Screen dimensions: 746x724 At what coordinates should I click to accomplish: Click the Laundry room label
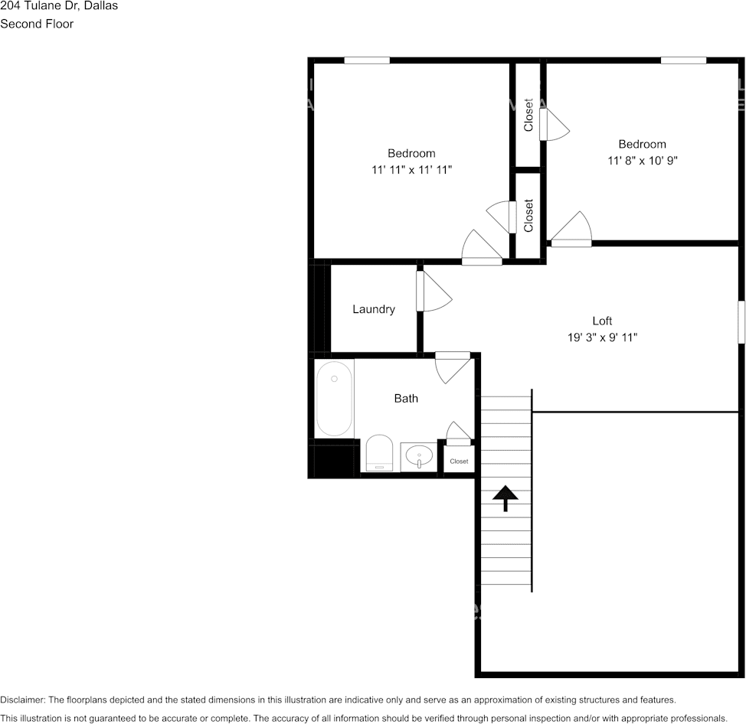point(374,309)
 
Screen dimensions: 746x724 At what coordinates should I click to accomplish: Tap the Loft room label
point(602,321)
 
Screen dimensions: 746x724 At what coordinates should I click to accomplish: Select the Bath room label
point(406,399)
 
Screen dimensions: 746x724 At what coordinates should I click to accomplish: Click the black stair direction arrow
point(506,497)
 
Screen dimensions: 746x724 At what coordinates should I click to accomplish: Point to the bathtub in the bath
point(334,399)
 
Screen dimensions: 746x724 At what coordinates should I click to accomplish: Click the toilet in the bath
point(379,453)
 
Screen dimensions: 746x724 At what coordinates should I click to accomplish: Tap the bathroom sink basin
point(419,457)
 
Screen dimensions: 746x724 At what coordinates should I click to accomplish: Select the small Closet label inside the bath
point(459,461)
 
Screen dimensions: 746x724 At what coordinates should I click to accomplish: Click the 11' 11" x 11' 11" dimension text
point(411,170)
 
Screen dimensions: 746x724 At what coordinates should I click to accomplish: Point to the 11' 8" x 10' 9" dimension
point(643,161)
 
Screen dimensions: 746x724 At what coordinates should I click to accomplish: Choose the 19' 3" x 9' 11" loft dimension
point(602,338)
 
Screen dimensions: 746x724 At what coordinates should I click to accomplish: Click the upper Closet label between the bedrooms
point(528,115)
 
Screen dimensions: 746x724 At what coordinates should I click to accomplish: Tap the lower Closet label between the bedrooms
point(528,215)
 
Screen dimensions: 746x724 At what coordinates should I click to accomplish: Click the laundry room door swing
point(434,291)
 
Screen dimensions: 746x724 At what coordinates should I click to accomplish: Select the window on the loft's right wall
point(741,322)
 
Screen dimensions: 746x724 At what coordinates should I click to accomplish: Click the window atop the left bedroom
point(367,60)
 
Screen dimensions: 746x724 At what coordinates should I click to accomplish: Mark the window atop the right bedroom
point(683,60)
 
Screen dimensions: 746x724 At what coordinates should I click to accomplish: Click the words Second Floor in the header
point(37,24)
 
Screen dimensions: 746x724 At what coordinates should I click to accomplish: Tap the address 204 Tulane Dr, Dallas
point(59,6)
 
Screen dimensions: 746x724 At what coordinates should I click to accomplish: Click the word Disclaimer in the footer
point(22,700)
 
